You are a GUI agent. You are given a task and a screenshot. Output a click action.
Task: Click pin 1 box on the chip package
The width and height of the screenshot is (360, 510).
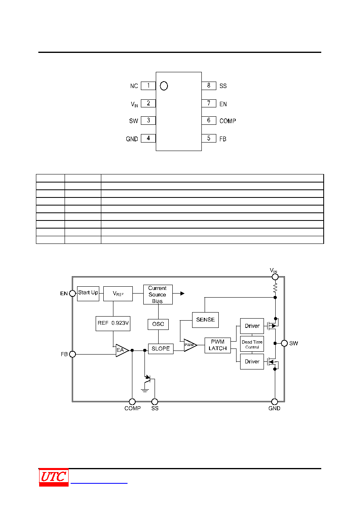click(148, 86)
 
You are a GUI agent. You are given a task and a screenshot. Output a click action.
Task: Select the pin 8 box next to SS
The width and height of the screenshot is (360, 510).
click(209, 86)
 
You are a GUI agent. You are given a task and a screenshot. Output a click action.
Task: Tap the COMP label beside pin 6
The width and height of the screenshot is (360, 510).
click(228, 121)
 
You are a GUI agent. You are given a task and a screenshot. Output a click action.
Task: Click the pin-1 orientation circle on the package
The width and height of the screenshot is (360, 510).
click(164, 86)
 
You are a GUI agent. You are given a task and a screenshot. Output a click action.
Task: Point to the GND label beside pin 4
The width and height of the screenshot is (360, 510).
click(132, 139)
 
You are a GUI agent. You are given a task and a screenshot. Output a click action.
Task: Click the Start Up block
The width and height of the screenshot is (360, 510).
click(88, 294)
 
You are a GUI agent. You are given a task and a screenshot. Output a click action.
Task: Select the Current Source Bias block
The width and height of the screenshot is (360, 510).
click(158, 294)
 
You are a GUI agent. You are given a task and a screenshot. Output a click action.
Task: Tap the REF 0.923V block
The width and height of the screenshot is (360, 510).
click(113, 323)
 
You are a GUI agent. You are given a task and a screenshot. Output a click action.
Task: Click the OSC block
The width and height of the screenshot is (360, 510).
click(158, 324)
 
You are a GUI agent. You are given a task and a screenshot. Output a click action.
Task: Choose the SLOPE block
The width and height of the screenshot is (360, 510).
click(161, 349)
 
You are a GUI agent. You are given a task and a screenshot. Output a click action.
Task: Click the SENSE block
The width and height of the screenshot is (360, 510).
click(205, 320)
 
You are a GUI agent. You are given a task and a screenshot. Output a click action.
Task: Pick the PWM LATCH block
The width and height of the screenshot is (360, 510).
click(218, 345)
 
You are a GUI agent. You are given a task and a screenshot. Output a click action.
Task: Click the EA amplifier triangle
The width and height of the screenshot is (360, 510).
click(122, 350)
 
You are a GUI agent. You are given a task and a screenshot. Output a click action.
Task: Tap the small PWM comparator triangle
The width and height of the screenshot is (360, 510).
click(190, 345)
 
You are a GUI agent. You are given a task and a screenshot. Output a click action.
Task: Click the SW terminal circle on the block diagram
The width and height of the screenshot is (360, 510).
click(284, 343)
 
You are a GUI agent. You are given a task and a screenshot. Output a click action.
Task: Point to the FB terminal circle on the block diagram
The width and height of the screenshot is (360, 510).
click(72, 354)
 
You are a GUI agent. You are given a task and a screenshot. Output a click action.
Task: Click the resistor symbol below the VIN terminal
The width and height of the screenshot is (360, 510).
click(275, 288)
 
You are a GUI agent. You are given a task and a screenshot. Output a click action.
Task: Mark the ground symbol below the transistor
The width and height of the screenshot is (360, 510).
click(145, 390)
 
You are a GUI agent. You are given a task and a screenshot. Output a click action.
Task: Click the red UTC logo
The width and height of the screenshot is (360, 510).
click(54, 477)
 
